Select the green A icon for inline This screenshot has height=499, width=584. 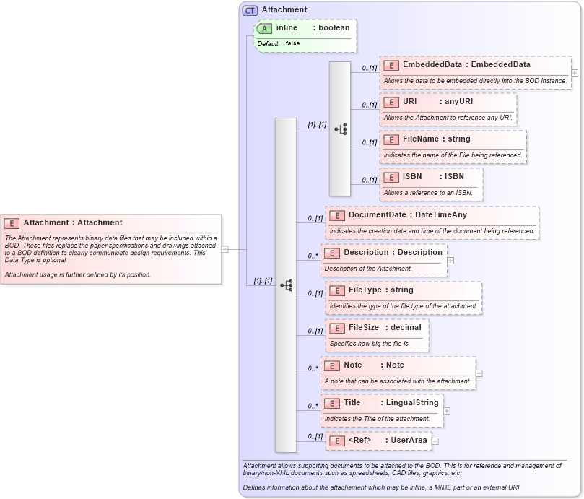point(265,28)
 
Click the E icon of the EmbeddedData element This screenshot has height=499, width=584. point(391,65)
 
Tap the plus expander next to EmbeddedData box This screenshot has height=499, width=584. point(575,72)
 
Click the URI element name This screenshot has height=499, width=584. point(410,102)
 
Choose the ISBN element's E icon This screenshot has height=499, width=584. point(391,177)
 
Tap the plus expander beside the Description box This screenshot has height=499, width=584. point(450,260)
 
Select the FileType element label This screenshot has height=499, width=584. point(365,290)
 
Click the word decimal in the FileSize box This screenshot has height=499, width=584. point(406,328)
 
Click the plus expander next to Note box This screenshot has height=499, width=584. point(479,373)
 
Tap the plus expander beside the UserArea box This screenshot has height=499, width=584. point(435,441)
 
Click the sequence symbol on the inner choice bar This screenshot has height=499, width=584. point(340,129)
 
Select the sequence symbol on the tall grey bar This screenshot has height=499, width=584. point(286,285)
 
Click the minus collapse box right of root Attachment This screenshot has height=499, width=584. point(225,249)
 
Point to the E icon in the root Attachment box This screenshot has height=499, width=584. point(12,223)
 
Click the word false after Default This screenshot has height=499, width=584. point(292,44)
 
